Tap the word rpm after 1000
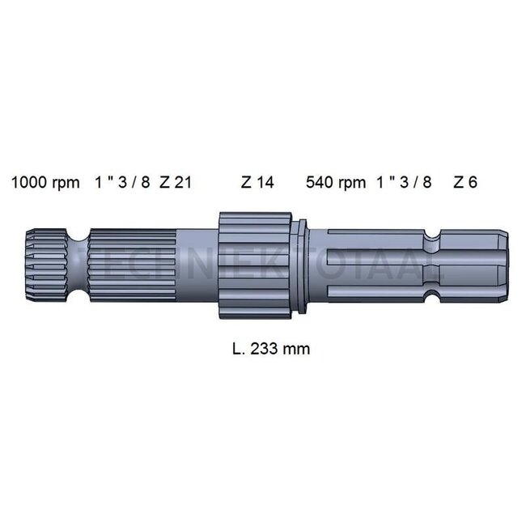pos(66,183)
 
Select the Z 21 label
pos(176,183)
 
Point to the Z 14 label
pos(257,183)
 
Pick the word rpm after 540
pos(352,183)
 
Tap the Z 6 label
pos(465,183)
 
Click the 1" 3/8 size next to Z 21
pos(122,183)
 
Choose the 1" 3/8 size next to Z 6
pos(407,183)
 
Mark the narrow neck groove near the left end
pos(75,260)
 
